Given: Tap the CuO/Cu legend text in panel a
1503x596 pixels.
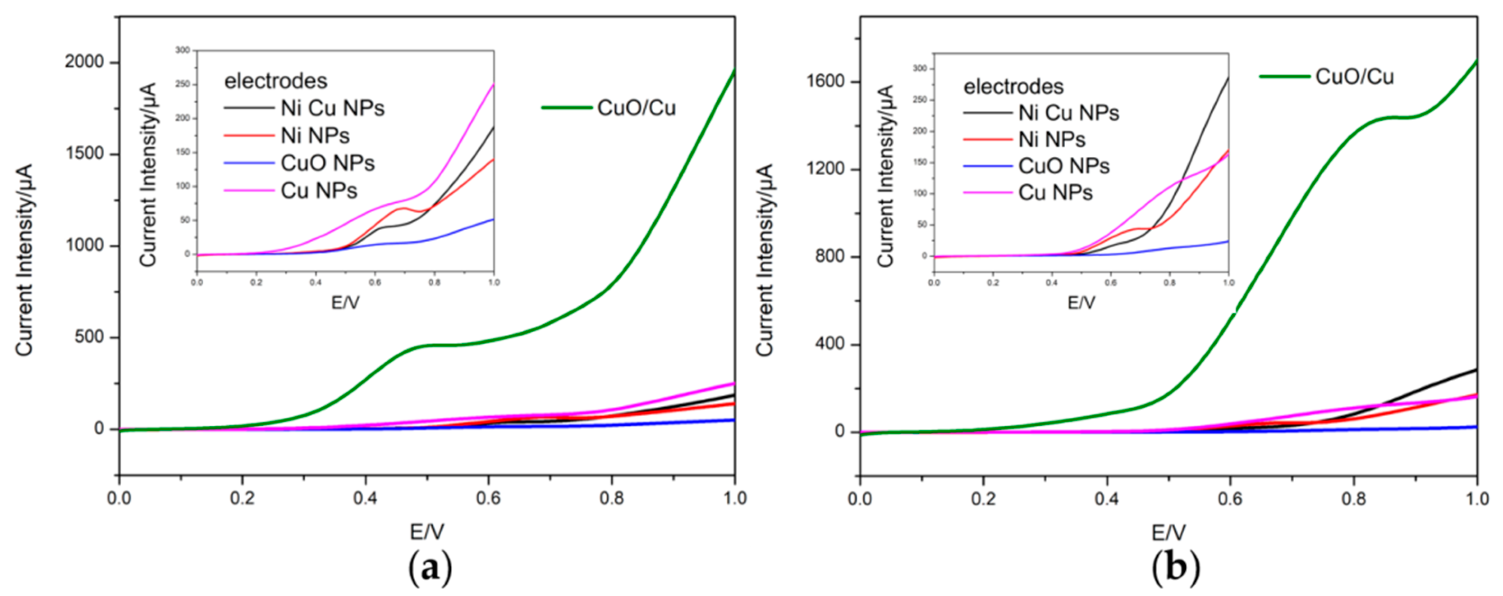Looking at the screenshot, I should (636, 108).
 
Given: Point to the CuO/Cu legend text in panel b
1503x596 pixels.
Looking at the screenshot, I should (1354, 77).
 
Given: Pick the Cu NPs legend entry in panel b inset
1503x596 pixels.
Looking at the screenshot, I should (1055, 192).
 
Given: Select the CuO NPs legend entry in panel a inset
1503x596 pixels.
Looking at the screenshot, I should (327, 163).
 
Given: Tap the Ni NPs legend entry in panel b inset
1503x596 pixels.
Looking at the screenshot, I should (1051, 139).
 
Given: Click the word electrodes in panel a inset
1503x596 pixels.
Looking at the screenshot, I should (275, 81).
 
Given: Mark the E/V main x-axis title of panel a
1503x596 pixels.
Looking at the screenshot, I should (426, 531).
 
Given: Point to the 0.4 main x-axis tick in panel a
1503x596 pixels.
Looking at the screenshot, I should (366, 498).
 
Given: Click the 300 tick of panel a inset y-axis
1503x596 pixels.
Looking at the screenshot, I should (183, 51).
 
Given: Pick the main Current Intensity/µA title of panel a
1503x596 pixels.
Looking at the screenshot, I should (24, 259).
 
